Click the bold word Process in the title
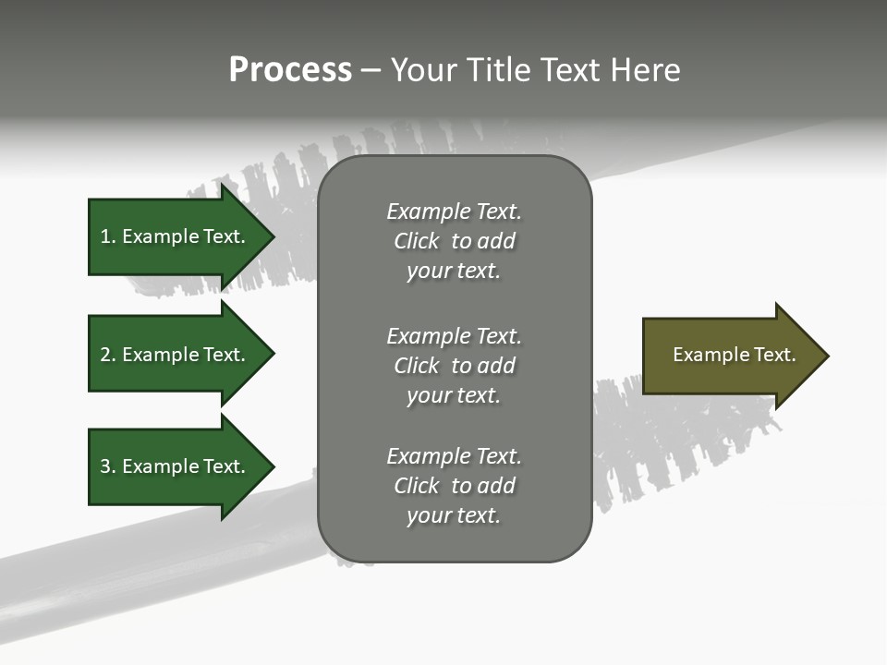pyautogui.click(x=290, y=70)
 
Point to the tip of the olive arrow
pyautogui.click(x=824, y=356)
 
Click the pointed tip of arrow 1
pyautogui.click(x=271, y=236)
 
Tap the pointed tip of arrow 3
pyautogui.click(x=271, y=466)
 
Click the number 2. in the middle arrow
pyautogui.click(x=107, y=355)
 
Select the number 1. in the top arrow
pyautogui.click(x=107, y=236)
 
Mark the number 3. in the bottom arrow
pyautogui.click(x=107, y=466)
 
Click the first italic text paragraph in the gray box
pyautogui.click(x=454, y=241)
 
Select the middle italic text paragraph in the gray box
pyautogui.click(x=454, y=366)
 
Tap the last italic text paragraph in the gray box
pyautogui.click(x=454, y=486)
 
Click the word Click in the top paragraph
pyautogui.click(x=417, y=241)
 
